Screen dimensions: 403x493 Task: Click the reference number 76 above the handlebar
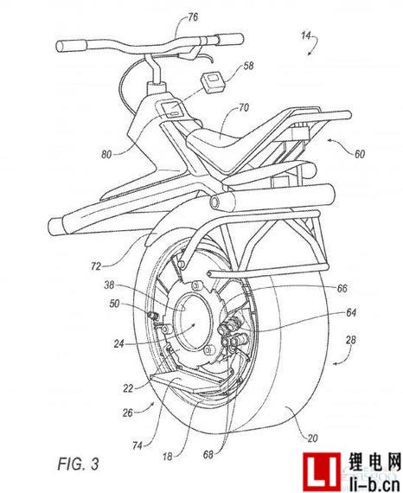192,16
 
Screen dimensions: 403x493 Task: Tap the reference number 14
306,35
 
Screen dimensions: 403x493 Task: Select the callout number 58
248,66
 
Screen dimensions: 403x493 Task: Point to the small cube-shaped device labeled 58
214,81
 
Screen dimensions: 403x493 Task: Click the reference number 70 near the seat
243,108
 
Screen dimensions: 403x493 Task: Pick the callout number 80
106,154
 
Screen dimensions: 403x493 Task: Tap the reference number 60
359,154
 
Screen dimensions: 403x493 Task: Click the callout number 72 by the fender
96,266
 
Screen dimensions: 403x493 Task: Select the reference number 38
109,285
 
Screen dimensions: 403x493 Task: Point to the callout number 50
114,304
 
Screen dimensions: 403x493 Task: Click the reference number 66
342,288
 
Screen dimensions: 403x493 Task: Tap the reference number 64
351,313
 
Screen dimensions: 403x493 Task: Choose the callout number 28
350,340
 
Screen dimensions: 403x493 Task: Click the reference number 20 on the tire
312,438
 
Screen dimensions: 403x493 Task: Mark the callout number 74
138,445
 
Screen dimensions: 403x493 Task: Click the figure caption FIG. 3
79,464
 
